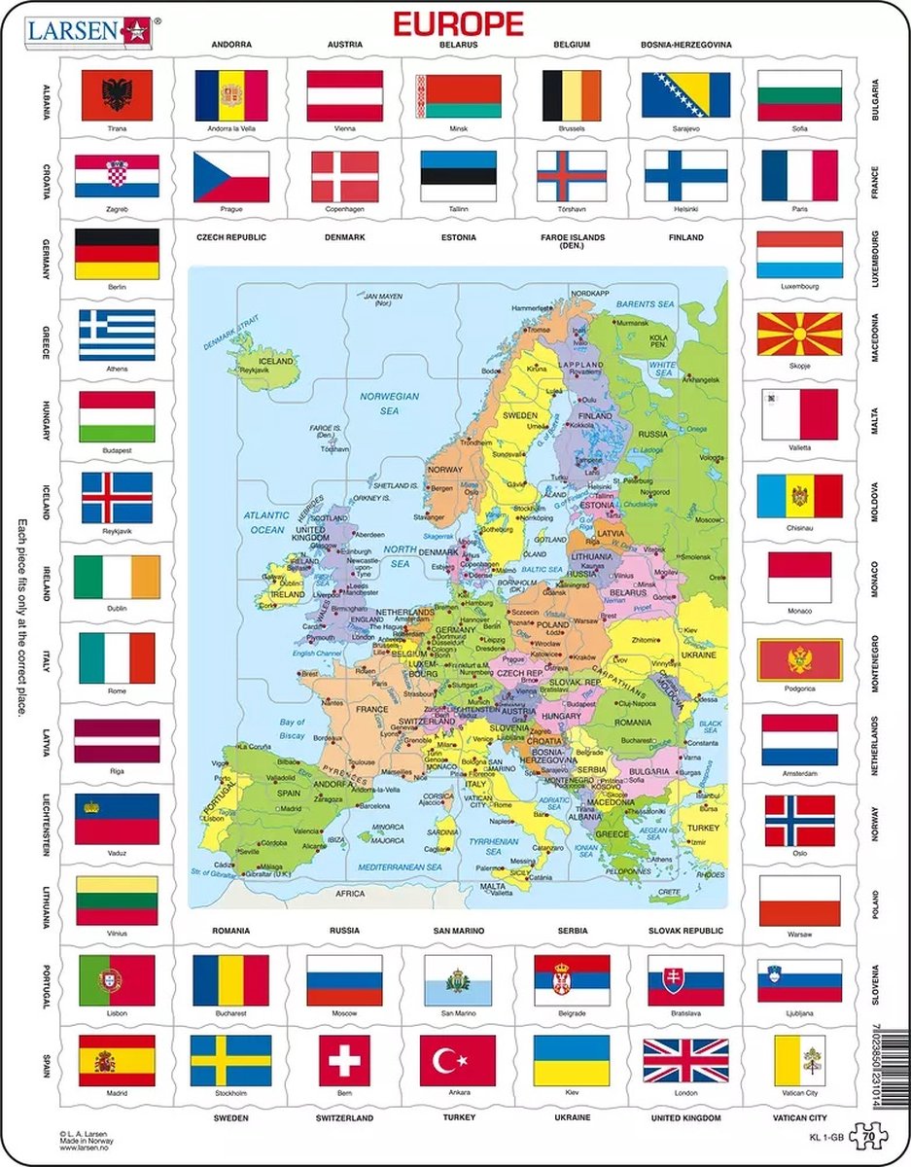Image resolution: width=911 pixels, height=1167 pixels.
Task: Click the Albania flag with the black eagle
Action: [x=117, y=95]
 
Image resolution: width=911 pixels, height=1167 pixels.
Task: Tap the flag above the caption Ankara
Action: [x=458, y=1059]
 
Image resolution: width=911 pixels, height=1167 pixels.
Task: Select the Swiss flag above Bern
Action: [x=344, y=1059]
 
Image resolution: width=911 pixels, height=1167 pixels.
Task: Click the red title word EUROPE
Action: [x=456, y=23]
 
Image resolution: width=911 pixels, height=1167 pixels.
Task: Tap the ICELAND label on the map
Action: [x=275, y=360]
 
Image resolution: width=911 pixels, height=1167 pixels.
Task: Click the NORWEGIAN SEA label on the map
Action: [x=389, y=403]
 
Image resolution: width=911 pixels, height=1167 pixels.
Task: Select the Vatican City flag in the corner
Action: [x=799, y=1059]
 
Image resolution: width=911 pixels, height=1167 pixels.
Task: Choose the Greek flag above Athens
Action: [x=117, y=336]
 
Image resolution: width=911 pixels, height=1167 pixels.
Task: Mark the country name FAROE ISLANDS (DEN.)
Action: [x=572, y=242]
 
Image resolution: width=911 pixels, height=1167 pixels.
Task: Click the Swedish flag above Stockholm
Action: [x=230, y=1059]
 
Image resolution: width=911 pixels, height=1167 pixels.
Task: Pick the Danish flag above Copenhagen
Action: [x=344, y=176]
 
